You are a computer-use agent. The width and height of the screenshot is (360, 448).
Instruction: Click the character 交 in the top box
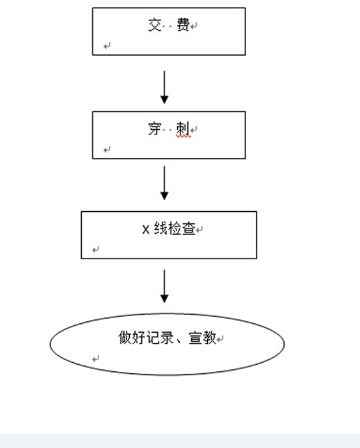coord(155,25)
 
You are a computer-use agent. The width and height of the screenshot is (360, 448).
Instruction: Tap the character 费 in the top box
coord(183,24)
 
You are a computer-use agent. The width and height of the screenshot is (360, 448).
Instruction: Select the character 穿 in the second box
coord(155,129)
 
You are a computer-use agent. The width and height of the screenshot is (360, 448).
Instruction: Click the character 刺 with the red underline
coord(183,129)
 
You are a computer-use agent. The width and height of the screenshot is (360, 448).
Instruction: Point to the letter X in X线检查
coord(146,229)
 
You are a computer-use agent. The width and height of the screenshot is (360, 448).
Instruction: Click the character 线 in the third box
coord(160,228)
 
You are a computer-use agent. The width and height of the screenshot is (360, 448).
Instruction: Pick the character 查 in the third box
coord(189,228)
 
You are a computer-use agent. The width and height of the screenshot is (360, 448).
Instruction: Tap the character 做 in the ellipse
coord(125,337)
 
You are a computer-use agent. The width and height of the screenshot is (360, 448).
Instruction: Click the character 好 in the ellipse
coord(139,337)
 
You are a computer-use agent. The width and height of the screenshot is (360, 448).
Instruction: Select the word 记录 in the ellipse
coord(160,337)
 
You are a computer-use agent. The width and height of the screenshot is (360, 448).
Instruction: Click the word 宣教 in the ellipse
coord(202,337)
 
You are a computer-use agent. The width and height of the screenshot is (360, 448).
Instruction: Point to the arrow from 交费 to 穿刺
coord(164,88)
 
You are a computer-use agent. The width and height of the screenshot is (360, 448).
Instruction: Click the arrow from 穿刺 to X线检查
coord(164,183)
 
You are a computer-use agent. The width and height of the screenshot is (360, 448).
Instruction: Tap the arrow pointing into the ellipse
coord(164,286)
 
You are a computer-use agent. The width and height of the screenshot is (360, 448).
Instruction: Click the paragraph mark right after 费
coord(194,26)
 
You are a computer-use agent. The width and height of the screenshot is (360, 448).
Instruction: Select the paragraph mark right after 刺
coord(194,130)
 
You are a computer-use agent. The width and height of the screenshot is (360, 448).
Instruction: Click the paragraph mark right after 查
coord(200,229)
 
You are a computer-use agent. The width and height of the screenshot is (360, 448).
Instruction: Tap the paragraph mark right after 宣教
coord(220,339)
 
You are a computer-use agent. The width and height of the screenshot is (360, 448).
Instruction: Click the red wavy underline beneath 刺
coord(184,136)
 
